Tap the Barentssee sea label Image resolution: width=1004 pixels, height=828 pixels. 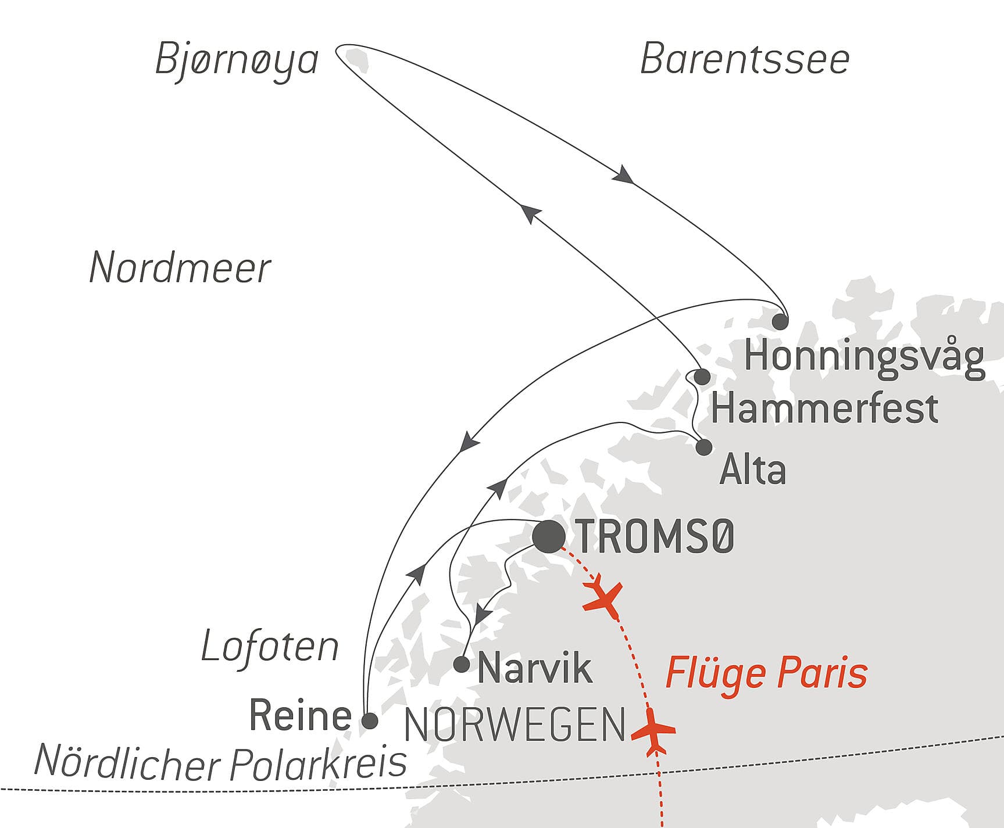tap(744, 59)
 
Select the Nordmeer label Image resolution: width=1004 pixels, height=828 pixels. tap(180, 268)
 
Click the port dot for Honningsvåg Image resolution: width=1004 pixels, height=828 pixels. tap(780, 321)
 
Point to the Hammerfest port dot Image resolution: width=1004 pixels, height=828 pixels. tap(702, 377)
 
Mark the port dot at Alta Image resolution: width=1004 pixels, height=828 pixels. tap(703, 447)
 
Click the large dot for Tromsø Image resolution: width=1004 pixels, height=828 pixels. tap(548, 536)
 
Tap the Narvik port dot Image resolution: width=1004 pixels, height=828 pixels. tap(461, 664)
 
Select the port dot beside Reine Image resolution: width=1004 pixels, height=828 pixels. tap(370, 721)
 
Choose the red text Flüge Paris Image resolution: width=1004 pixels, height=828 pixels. tap(766, 673)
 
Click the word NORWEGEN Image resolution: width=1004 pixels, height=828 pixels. tap(514, 726)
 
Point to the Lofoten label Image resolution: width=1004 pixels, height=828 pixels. tap(270, 647)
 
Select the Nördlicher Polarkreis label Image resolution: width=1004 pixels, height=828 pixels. tap(220, 761)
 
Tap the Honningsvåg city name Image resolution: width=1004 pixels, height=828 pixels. tap(864, 356)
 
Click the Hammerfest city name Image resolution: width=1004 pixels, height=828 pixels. tap(824, 408)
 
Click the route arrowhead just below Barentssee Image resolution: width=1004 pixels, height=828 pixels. tap(623, 174)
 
